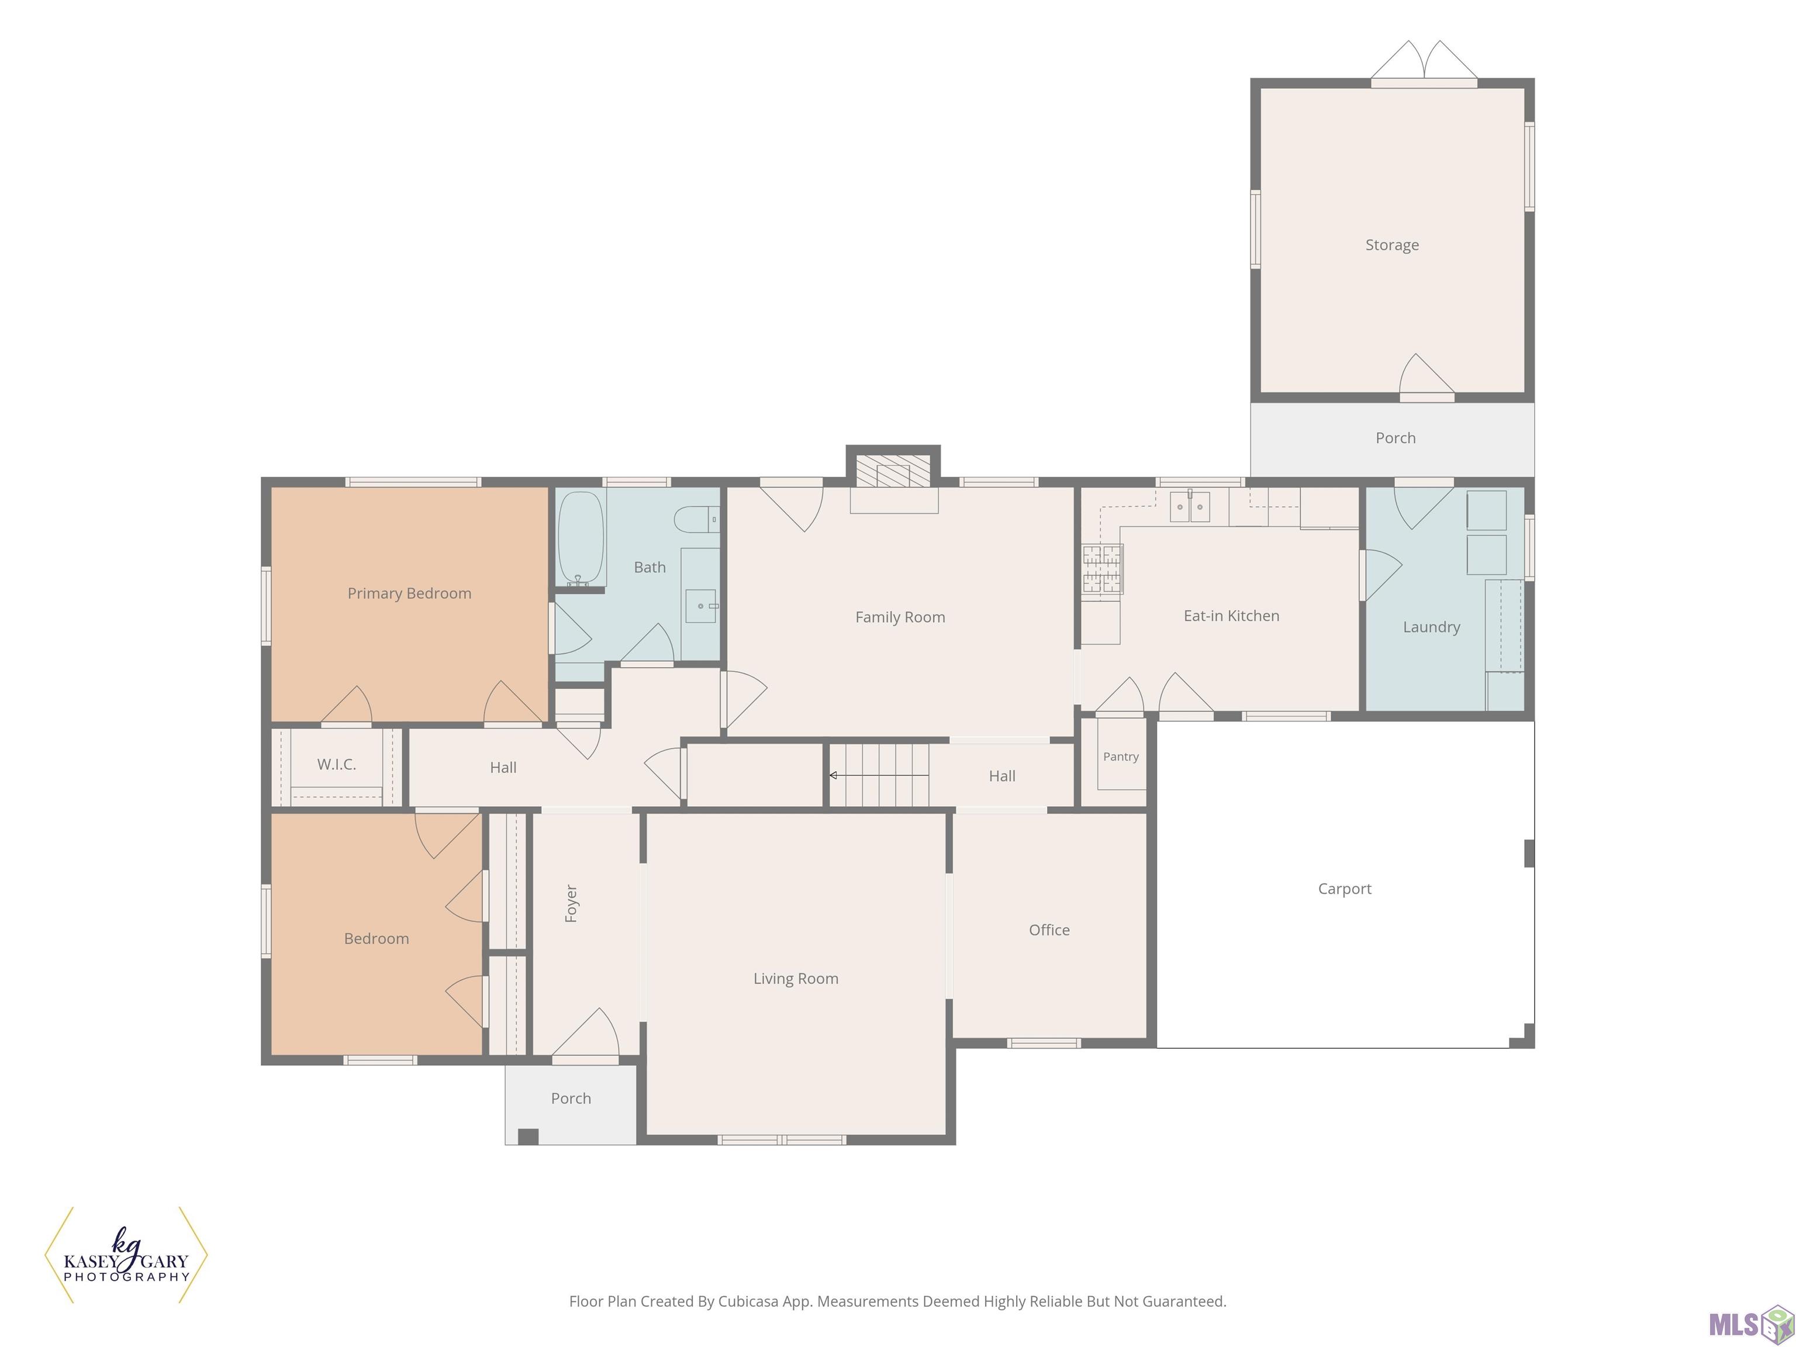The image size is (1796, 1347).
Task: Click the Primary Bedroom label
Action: point(409,593)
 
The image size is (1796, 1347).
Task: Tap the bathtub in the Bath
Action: point(581,537)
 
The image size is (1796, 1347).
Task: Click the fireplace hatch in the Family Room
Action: point(893,471)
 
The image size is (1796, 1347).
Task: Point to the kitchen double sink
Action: point(1190,507)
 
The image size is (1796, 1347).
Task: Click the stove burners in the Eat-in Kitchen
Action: point(1103,568)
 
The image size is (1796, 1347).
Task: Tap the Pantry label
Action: point(1121,757)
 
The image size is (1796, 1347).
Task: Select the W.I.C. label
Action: point(336,764)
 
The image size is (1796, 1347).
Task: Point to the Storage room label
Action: point(1391,245)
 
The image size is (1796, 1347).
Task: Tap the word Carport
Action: point(1345,889)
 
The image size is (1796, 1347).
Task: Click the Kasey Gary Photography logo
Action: point(126,1255)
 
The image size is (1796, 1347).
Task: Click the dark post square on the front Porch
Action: point(528,1137)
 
